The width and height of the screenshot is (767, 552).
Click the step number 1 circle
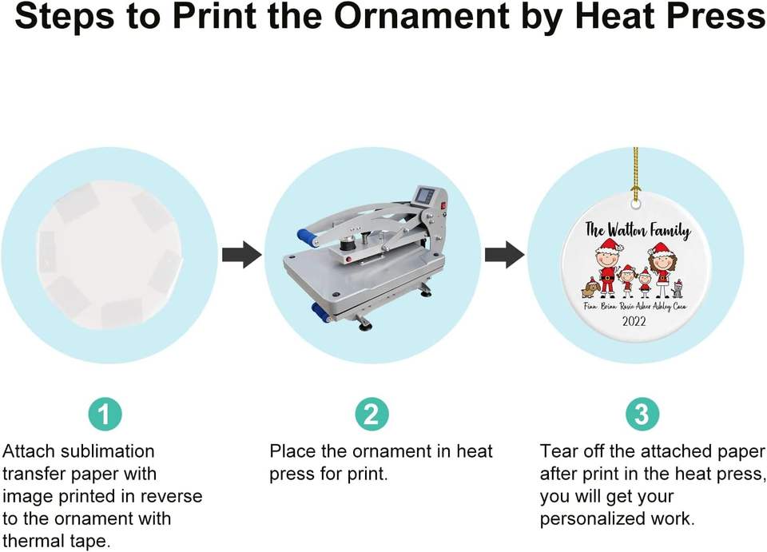tap(104, 414)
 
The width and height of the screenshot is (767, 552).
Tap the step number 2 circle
tap(372, 414)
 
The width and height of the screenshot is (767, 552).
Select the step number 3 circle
tap(642, 414)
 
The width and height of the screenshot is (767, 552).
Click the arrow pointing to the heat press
tap(241, 255)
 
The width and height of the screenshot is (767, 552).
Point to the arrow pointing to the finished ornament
tap(505, 255)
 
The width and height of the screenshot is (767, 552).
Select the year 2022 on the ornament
tap(634, 322)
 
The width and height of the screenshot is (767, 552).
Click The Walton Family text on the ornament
tap(637, 230)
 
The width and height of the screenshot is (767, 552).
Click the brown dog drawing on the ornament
tap(590, 288)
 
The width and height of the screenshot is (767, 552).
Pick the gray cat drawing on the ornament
tap(677, 288)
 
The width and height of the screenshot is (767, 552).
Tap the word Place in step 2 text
tap(292, 451)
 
